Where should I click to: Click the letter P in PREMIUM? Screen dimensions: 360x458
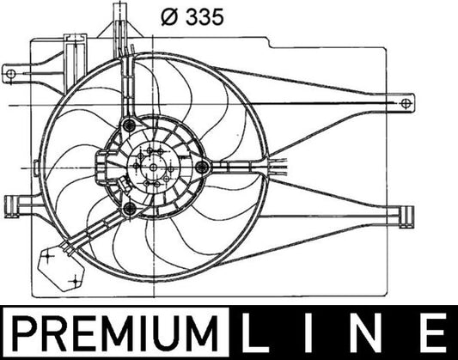pos(24,330)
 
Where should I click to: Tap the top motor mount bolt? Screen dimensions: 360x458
pos(131,126)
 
